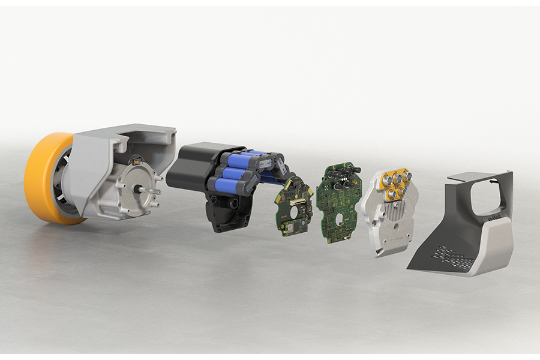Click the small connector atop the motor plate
[137, 161]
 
